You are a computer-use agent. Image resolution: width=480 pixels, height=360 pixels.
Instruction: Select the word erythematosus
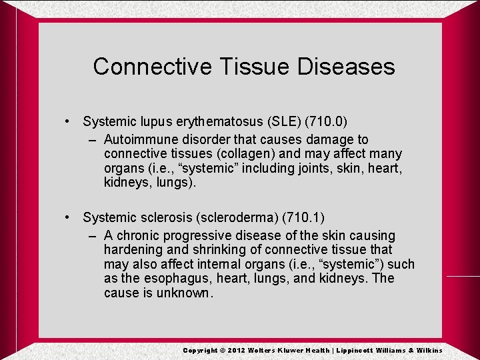coord(214,121)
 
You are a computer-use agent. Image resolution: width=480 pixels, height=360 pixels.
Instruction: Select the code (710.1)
coord(303,217)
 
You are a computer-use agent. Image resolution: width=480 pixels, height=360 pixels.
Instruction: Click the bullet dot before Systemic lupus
coord(68,121)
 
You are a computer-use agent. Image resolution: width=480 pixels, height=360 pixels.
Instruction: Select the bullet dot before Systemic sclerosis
coord(68,217)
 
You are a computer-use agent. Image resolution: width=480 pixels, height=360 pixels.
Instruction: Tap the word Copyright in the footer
coord(200,350)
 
